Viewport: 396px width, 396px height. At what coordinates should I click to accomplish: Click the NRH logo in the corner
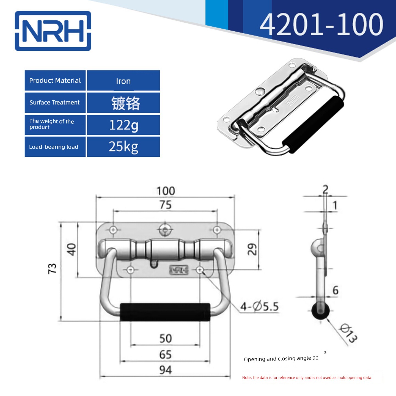click(53, 31)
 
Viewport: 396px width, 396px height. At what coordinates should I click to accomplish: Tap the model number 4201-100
click(321, 24)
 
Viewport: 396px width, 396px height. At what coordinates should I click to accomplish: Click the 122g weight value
click(124, 125)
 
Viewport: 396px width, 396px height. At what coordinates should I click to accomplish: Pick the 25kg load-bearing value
click(123, 147)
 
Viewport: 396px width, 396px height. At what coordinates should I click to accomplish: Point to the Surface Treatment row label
click(54, 102)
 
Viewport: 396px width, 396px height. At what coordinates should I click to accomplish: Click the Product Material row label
click(55, 80)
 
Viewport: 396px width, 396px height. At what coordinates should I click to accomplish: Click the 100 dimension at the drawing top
click(166, 191)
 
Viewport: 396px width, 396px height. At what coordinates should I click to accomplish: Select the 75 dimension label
click(166, 205)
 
